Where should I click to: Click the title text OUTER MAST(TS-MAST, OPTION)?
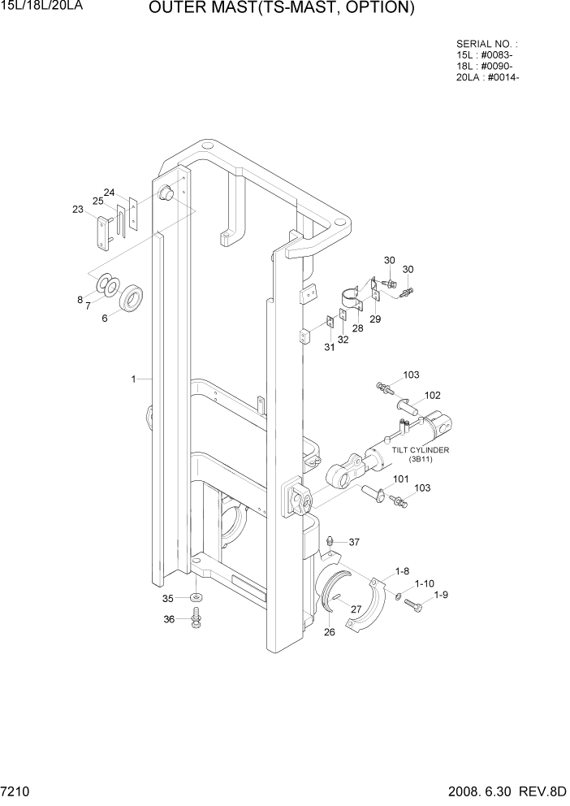pyautogui.click(x=282, y=9)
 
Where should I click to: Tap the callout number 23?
pyautogui.click(x=78, y=210)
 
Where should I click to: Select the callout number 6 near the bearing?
pyautogui.click(x=104, y=318)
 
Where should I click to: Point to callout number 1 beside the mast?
pyautogui.click(x=132, y=379)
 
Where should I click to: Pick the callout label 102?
pyautogui.click(x=432, y=396)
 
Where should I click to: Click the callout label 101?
pyautogui.click(x=401, y=479)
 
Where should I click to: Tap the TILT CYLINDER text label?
pyautogui.click(x=421, y=449)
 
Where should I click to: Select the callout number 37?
pyautogui.click(x=354, y=542)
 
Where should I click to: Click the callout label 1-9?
pyautogui.click(x=441, y=595)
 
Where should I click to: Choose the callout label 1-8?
pyautogui.click(x=402, y=571)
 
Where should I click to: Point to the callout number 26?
pyautogui.click(x=330, y=632)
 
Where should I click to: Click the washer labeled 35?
pyautogui.click(x=196, y=599)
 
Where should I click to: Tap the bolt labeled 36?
pyautogui.click(x=196, y=622)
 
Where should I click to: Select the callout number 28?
pyautogui.click(x=357, y=327)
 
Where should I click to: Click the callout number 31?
pyautogui.click(x=329, y=347)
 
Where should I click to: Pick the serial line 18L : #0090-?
pyautogui.click(x=489, y=67)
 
